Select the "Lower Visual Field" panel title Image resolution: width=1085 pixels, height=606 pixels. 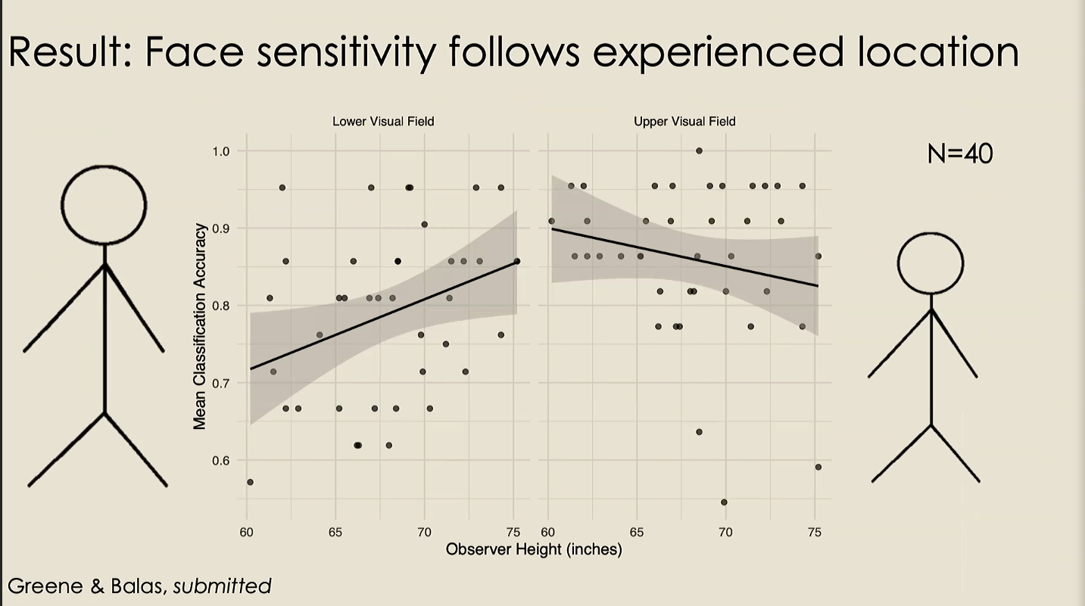383,121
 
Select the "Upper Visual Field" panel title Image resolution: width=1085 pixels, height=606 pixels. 684,121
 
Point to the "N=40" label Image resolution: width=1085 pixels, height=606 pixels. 959,154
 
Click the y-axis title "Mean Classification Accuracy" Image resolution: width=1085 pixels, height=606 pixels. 200,326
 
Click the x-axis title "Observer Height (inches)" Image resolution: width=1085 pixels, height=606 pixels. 534,549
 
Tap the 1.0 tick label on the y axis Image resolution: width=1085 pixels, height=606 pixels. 221,151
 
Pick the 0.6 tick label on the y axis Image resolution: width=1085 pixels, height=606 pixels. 221,461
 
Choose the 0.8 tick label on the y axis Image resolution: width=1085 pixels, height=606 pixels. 221,306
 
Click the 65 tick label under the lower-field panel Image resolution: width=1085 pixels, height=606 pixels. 335,533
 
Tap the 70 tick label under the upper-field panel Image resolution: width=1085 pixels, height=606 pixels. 725,533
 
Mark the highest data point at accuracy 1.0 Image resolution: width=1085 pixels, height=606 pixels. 699,151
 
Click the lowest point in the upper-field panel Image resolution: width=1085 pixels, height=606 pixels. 724,502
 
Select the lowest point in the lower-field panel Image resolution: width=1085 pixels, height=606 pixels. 250,482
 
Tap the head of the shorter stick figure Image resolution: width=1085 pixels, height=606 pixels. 931,263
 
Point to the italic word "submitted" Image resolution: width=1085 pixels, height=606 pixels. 222,585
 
